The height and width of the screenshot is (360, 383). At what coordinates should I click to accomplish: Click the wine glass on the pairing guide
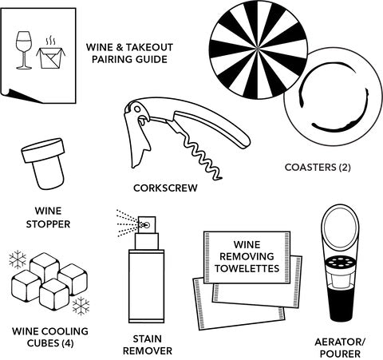pyautogui.click(x=24, y=50)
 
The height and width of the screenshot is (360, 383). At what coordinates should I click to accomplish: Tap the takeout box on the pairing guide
pyautogui.click(x=51, y=57)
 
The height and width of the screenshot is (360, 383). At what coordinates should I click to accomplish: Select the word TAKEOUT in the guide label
pyautogui.click(x=149, y=47)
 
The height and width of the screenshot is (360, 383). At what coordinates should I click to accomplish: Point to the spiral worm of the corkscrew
pyautogui.click(x=202, y=157)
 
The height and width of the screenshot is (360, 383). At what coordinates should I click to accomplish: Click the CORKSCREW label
pyautogui.click(x=165, y=188)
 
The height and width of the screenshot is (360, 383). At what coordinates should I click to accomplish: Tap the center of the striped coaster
pyautogui.click(x=259, y=49)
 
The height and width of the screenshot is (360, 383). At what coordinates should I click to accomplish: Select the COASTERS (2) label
pyautogui.click(x=318, y=168)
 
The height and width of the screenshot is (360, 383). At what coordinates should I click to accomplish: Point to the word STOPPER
pyautogui.click(x=48, y=224)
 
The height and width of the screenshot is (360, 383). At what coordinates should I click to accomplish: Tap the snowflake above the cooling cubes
pyautogui.click(x=18, y=259)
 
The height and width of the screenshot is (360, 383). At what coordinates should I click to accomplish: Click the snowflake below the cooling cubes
pyautogui.click(x=81, y=306)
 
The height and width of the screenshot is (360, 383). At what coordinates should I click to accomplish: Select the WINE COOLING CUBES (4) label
pyautogui.click(x=50, y=337)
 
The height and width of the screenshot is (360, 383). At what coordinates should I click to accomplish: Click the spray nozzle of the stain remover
pyautogui.click(x=146, y=225)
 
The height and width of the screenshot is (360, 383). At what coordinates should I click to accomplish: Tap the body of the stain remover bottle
pyautogui.click(x=146, y=286)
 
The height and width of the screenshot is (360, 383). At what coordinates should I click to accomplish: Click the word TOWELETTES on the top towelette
pyautogui.click(x=247, y=268)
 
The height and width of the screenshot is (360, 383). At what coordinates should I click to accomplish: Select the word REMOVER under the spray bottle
pyautogui.click(x=148, y=350)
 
